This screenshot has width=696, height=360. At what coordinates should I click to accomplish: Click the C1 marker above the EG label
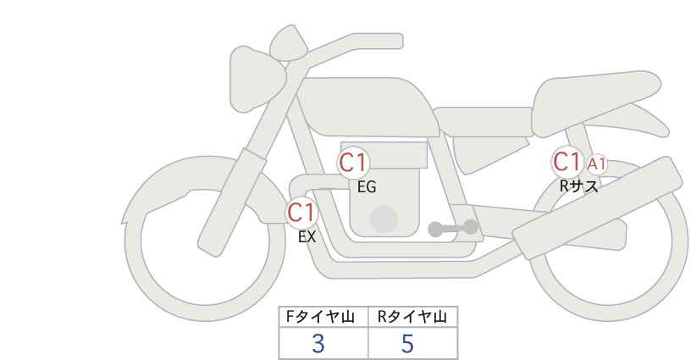[x=353, y=163]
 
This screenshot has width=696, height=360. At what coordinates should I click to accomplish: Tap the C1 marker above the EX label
[x=301, y=213]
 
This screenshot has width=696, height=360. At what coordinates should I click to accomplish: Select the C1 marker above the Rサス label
[x=566, y=162]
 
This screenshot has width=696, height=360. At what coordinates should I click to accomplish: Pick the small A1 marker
[x=596, y=164]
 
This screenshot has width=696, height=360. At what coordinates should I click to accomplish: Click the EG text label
[x=367, y=187]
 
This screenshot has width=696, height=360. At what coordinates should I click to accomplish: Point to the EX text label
[x=307, y=237]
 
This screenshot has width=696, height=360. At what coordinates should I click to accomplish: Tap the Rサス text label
[x=578, y=186]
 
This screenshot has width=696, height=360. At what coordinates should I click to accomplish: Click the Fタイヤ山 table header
[x=320, y=317]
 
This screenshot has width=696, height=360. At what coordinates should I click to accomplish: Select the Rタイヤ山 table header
[x=412, y=317]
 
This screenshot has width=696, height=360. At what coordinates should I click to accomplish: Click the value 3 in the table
[x=318, y=344]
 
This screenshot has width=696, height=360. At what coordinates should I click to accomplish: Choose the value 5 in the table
[x=407, y=344]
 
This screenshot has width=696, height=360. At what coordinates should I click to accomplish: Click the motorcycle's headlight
[x=257, y=79]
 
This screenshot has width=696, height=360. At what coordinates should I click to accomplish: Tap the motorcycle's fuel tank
[x=368, y=107]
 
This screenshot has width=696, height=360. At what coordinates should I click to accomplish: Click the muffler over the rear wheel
[x=598, y=207]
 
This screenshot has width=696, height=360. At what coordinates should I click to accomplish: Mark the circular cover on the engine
[x=384, y=219]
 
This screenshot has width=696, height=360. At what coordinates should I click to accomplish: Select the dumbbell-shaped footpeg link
[x=453, y=228]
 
